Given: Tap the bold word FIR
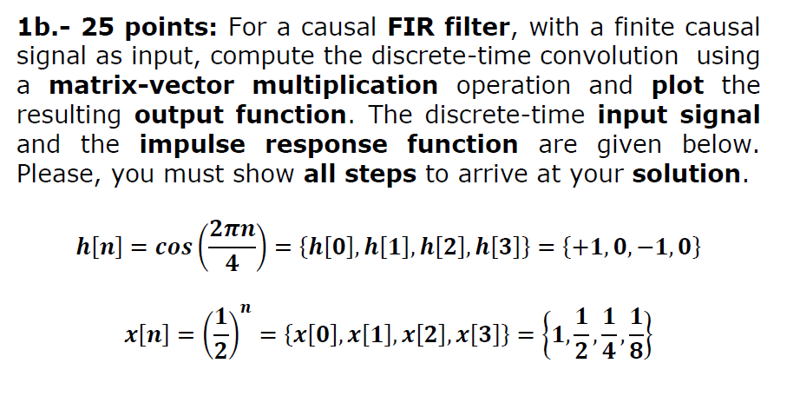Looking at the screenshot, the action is tap(416, 27).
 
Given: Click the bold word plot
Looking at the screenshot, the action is tap(677, 86).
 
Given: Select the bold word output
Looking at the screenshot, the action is tap(179, 115).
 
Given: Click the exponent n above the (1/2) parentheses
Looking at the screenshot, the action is tap(246, 308).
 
